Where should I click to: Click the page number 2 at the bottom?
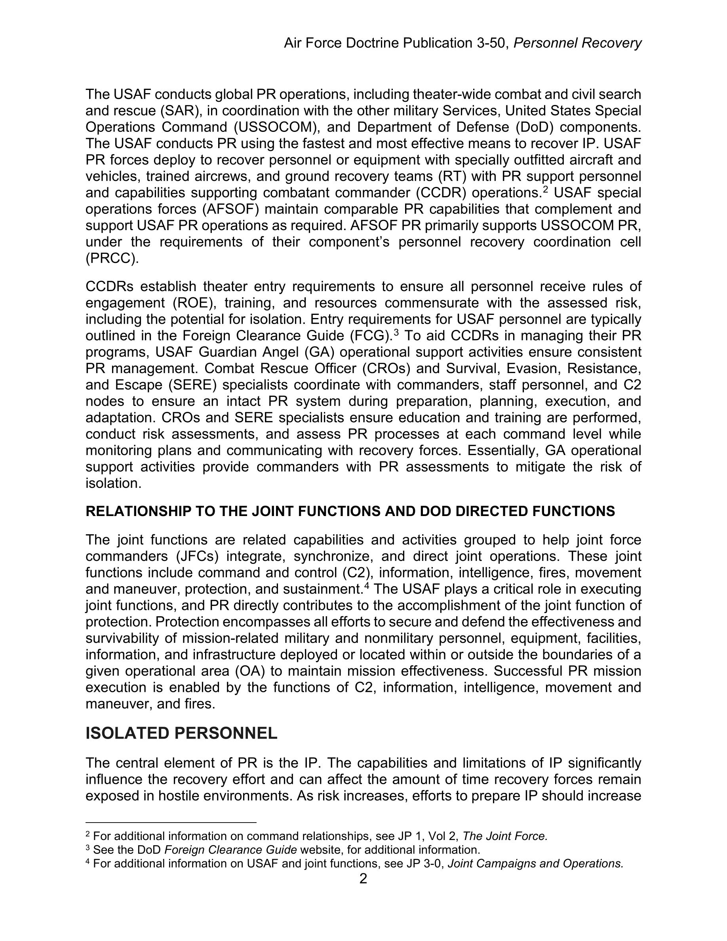click(x=363, y=878)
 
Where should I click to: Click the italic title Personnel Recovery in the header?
click(x=578, y=43)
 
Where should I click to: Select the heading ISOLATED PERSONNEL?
click(x=181, y=733)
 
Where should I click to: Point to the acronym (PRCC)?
click(x=112, y=259)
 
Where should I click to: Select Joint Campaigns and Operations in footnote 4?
click(x=535, y=863)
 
